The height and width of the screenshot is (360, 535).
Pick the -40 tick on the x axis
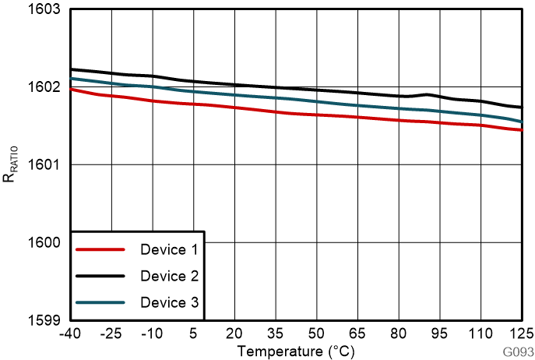click(x=71, y=334)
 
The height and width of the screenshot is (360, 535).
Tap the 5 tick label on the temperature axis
click(x=194, y=334)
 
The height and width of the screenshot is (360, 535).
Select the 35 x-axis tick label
click(x=276, y=334)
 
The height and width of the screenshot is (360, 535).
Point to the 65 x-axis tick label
click(x=357, y=334)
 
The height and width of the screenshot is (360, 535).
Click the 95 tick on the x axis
click(x=440, y=334)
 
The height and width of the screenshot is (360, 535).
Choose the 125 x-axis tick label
click(x=520, y=334)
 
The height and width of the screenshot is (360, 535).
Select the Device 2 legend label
click(x=169, y=276)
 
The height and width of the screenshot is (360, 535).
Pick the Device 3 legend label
click(x=169, y=302)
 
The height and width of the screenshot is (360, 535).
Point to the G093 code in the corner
click(x=516, y=351)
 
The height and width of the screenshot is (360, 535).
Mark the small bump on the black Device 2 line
click(x=426, y=94)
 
